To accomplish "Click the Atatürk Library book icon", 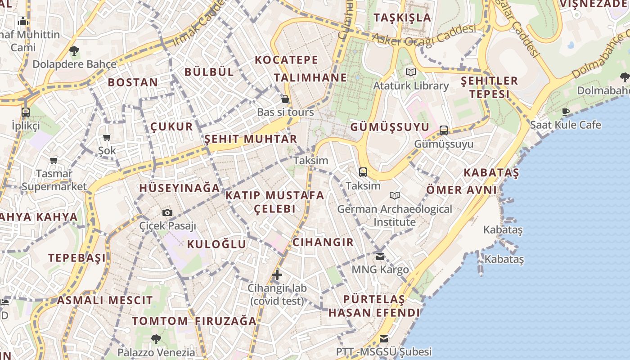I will pos(410,72).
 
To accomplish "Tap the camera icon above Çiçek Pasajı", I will pos(167,212).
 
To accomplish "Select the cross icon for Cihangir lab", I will pos(277,274).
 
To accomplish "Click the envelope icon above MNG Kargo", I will pos(380,256).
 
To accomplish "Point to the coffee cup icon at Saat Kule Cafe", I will pos(566,112).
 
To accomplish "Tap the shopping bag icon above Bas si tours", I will pos(285,99).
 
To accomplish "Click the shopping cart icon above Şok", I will pos(107,137).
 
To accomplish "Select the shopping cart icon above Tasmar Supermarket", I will pos(54,160).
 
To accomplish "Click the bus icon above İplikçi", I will pos(26,112).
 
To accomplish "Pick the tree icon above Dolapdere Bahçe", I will pos(74,51).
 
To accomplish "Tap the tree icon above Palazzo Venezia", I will pos(156,339).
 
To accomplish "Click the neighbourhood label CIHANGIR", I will pos(323,242).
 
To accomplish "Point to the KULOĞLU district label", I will pos(216,244).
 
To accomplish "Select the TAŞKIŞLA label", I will pos(402,18).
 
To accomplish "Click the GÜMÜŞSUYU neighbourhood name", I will pos(390,127).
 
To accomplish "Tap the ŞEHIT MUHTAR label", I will pos(251,139).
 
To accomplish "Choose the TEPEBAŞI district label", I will pos(77,258).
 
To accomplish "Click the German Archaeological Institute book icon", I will pos(395,195).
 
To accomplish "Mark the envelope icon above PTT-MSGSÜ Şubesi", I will pos(384,338).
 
